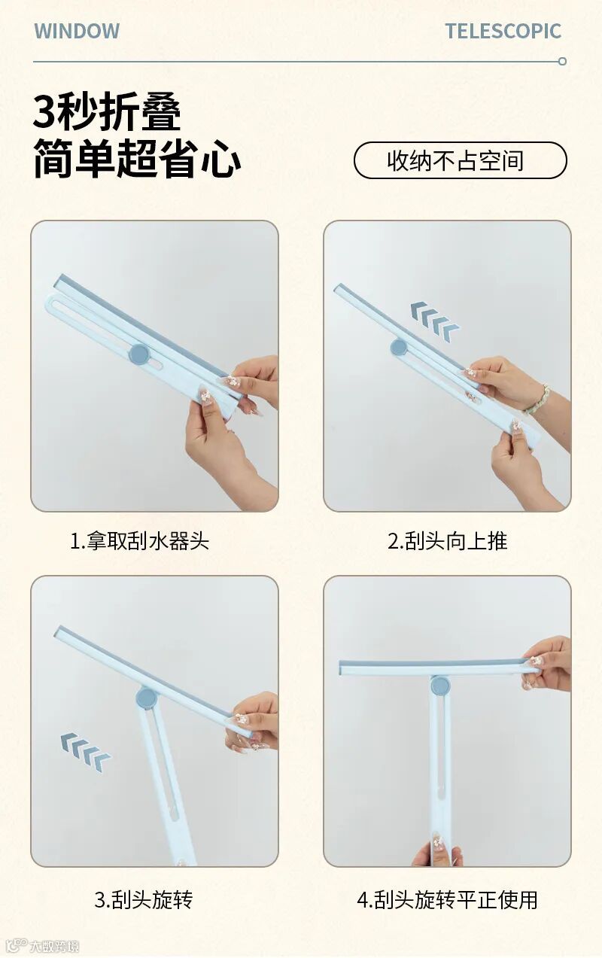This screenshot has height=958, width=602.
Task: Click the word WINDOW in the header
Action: (77, 31)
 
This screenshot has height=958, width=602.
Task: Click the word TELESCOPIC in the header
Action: (503, 31)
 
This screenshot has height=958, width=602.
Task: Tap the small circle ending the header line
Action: (563, 61)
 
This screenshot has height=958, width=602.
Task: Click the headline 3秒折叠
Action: (107, 111)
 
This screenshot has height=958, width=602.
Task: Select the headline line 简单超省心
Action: (137, 158)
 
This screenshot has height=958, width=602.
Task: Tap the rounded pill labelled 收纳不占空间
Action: (461, 160)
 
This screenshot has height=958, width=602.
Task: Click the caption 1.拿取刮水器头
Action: (140, 541)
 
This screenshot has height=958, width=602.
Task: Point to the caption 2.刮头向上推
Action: (448, 541)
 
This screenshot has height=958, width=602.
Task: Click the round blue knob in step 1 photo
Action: (139, 354)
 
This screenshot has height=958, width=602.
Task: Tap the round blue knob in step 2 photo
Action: (399, 347)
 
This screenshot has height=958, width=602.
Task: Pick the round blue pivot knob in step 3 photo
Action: (147, 698)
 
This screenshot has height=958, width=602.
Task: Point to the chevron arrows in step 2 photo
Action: (435, 321)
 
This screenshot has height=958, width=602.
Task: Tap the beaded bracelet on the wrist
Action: (537, 400)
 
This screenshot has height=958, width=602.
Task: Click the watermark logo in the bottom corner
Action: (43, 945)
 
